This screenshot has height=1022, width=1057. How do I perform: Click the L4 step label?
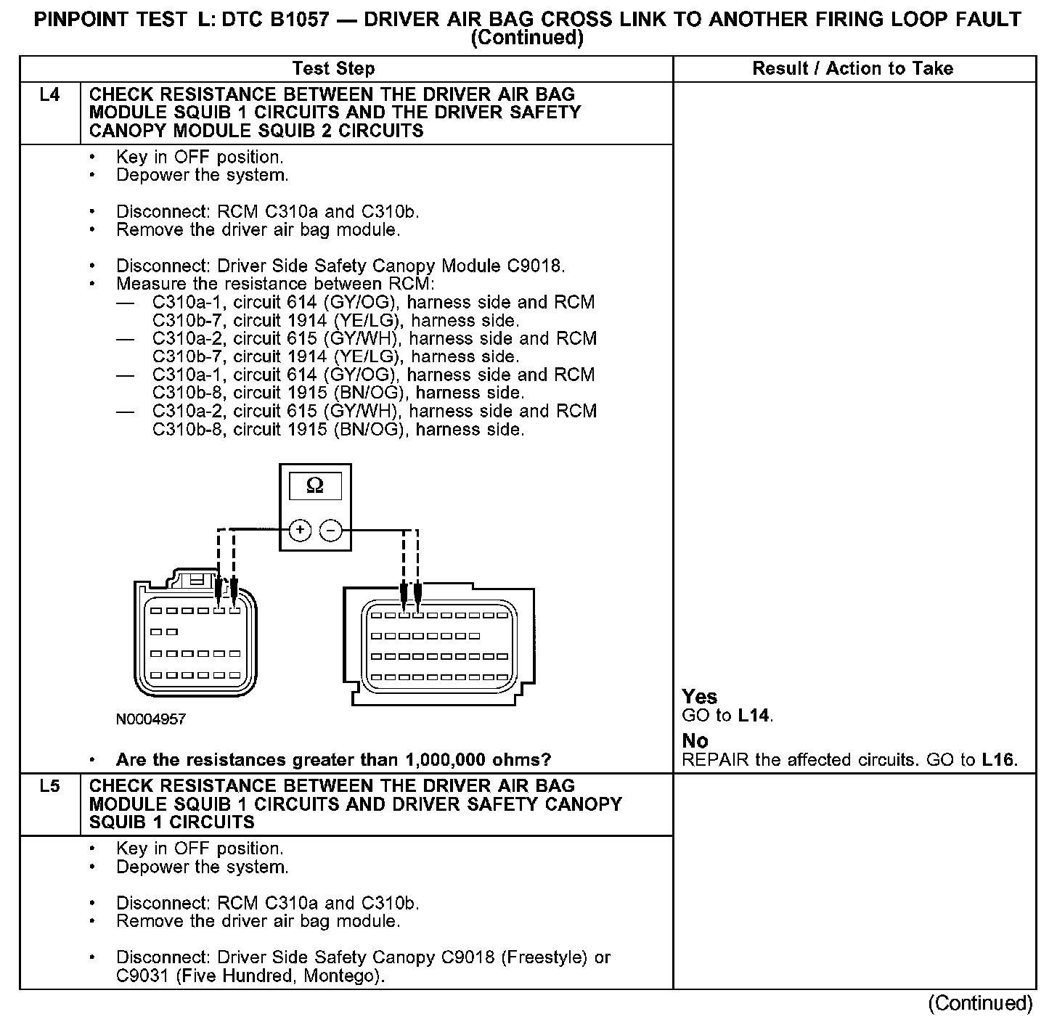pos(49,95)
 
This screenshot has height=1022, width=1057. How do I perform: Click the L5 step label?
pos(49,786)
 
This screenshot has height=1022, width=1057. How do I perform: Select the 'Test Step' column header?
pos(333,69)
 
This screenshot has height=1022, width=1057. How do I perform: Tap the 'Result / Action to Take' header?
pos(853,69)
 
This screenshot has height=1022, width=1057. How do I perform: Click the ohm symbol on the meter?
pos(315,486)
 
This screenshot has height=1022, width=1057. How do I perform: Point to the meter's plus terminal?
pos(300,531)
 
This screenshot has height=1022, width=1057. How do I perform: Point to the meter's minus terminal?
pos(331,531)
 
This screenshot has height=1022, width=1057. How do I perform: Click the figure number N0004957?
pos(150,719)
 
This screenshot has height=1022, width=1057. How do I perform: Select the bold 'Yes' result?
pos(699,697)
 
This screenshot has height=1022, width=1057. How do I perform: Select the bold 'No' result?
pos(695,741)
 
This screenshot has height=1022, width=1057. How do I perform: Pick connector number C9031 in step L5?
pos(144,976)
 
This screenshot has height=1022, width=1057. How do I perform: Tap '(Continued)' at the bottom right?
pos(980,1003)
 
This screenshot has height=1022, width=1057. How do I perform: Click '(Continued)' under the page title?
pos(527,38)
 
